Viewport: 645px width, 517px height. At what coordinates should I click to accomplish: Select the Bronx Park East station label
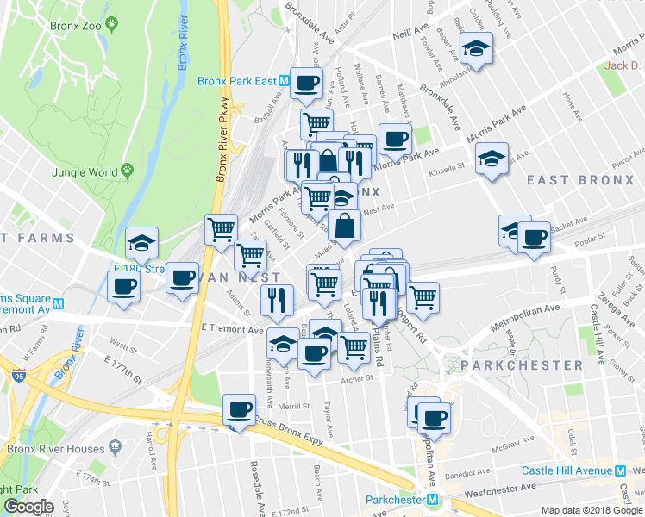coord(236,82)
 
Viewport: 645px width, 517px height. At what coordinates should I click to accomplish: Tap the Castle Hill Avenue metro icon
coord(620,470)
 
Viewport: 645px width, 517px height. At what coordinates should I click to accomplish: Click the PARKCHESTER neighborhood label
coord(522,365)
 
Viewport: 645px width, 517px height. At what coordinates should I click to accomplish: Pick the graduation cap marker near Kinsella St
coord(492,159)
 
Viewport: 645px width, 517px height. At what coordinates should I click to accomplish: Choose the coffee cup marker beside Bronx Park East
coord(306,84)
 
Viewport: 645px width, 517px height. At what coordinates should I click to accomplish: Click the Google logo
coord(28,506)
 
